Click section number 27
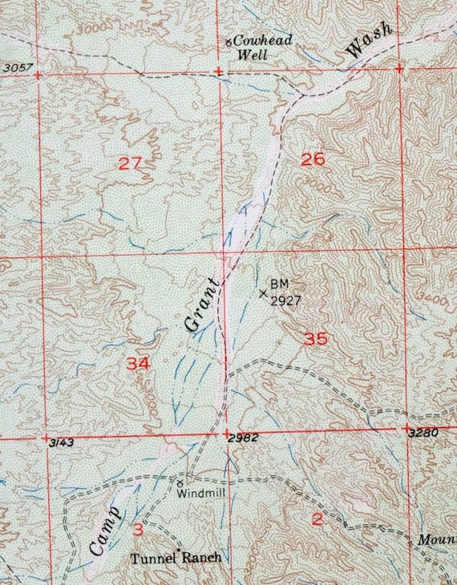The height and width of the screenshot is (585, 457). [129, 164]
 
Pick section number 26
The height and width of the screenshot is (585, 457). [313, 159]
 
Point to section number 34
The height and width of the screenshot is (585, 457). [138, 363]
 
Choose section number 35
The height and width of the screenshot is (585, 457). [316, 339]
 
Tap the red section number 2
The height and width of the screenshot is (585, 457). [317, 520]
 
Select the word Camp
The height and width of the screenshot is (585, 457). [104, 531]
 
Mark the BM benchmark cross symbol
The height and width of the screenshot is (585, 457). [263, 293]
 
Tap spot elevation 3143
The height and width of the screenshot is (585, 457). [61, 442]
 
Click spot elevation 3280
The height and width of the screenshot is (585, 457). [422, 434]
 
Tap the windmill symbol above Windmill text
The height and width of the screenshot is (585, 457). [180, 483]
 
